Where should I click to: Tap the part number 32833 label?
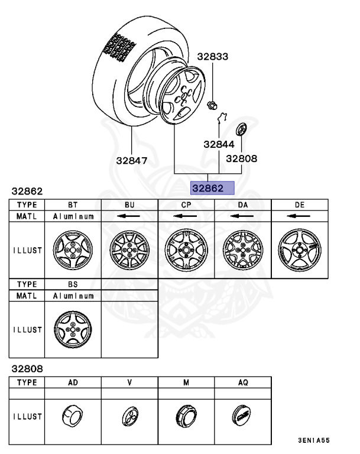tap(213, 57)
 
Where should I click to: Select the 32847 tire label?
tap(131, 160)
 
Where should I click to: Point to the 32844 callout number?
tap(219, 144)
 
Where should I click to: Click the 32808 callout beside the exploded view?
tap(241, 158)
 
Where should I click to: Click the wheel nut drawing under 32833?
tap(211, 106)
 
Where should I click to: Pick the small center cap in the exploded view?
tap(241, 130)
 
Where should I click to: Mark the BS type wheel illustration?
tap(73, 329)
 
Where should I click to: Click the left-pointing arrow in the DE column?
tap(299, 216)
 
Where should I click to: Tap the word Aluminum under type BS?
tap(73, 295)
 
